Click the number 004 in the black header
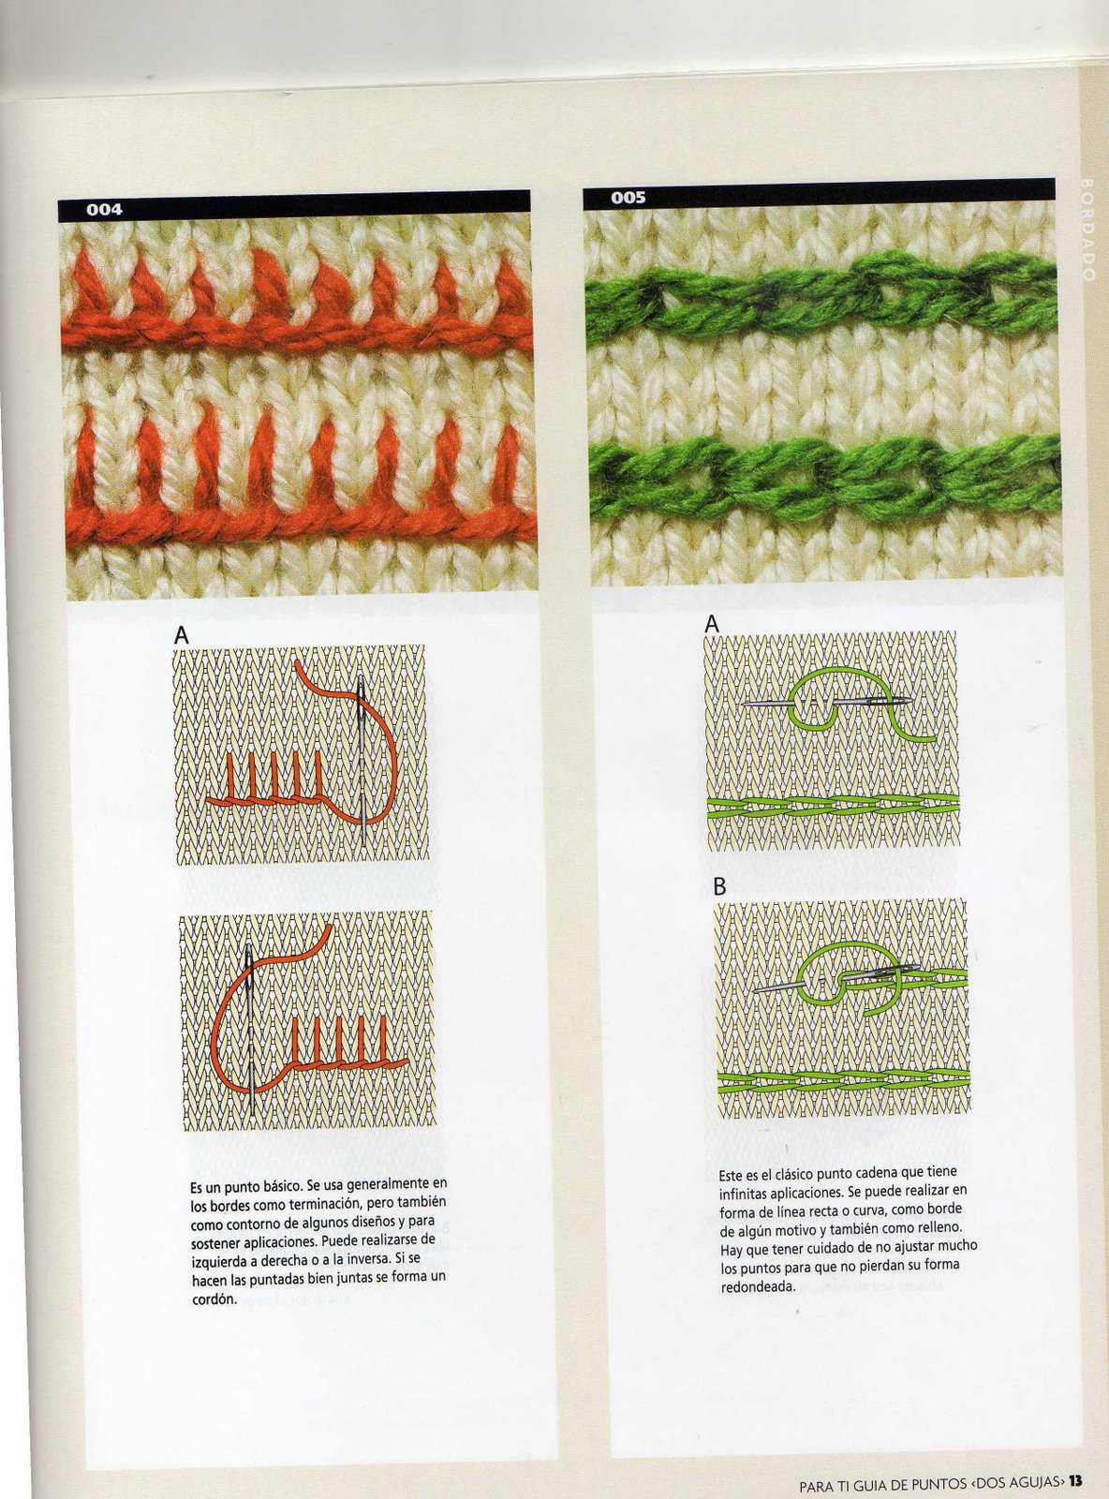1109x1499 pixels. click(x=104, y=210)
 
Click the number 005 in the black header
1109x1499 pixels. click(x=628, y=198)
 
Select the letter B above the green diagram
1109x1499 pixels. click(x=719, y=886)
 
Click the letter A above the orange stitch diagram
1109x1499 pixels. click(x=181, y=635)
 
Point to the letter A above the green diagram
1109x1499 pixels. click(x=711, y=625)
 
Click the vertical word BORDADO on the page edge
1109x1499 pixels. click(x=1087, y=230)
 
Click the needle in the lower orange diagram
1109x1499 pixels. click(x=250, y=1030)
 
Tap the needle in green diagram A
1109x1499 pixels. click(x=827, y=703)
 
